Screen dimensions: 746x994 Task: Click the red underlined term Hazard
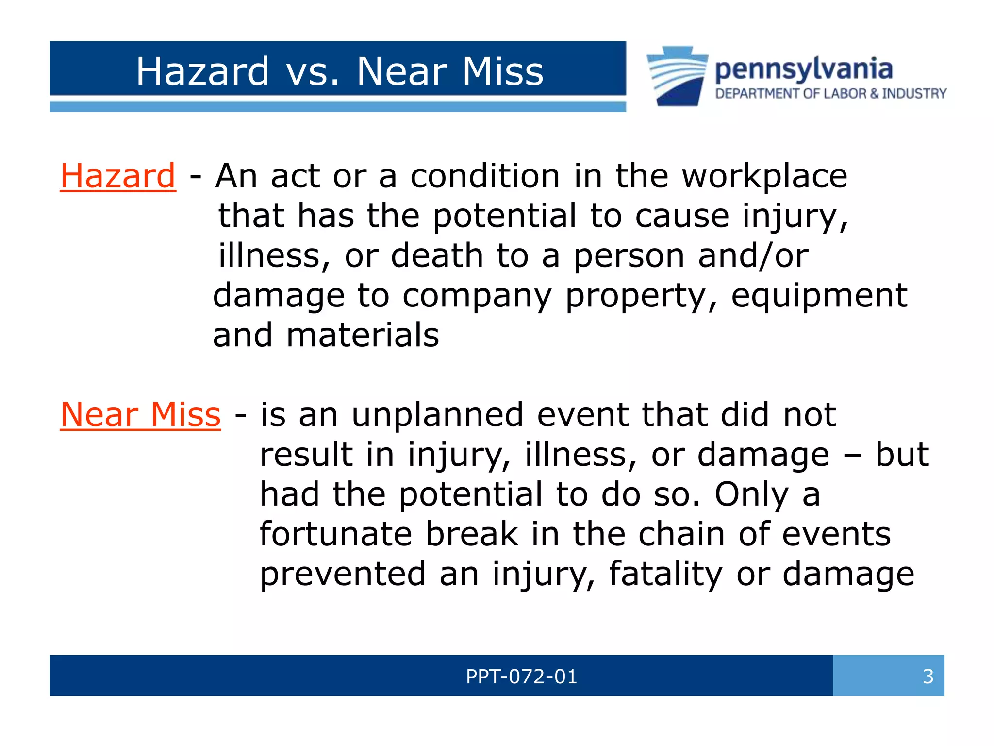pos(117,176)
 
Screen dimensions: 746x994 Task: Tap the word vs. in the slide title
pos(313,72)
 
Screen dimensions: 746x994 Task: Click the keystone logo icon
pos(677,76)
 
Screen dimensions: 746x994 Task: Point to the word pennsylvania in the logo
pos(803,69)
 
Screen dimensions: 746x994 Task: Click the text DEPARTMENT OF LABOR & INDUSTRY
pos(830,94)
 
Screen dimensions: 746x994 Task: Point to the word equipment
pos(819,296)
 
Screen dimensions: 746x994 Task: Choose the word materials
pos(363,336)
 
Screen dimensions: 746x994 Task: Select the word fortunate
pos(336,534)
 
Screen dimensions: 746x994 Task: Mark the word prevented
pos(343,575)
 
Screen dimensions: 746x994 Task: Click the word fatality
pos(665,575)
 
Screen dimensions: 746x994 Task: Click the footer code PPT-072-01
pos(521,677)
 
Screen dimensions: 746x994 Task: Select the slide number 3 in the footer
pos(928,677)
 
